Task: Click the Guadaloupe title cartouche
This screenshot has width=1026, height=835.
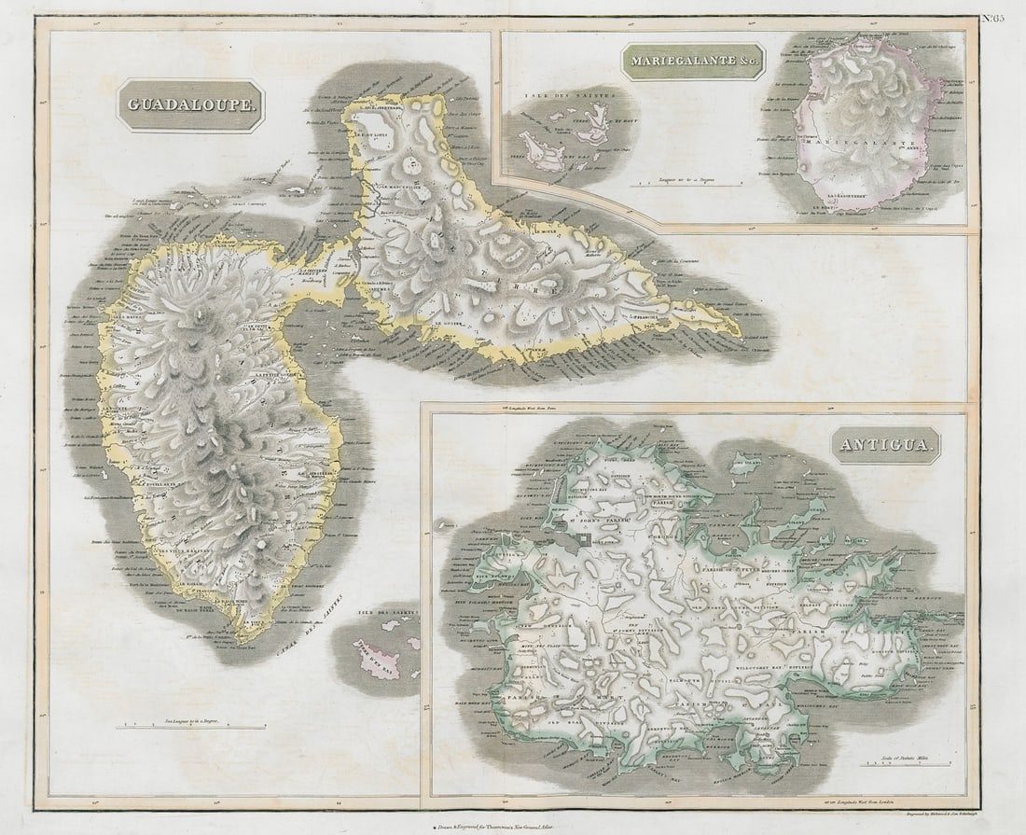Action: [190, 106]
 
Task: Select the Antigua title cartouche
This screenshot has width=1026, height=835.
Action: [886, 445]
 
